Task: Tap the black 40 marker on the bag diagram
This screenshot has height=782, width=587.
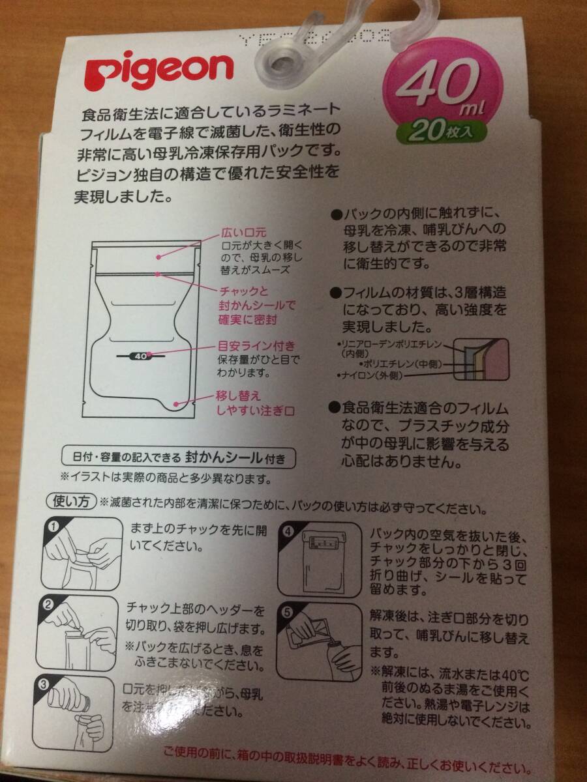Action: click(x=140, y=356)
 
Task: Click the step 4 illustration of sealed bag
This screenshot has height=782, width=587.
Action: click(x=319, y=559)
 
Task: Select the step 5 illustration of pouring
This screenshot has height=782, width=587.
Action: click(x=319, y=641)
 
